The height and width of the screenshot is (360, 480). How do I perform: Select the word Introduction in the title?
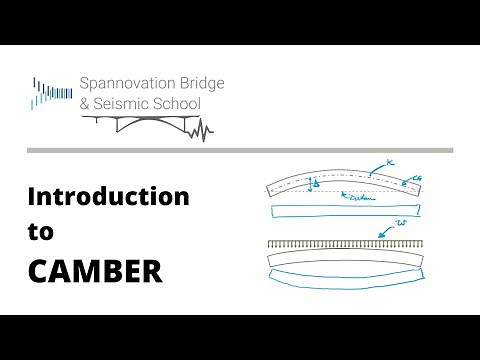point(108,197)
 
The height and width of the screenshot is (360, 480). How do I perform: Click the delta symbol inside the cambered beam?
point(316,184)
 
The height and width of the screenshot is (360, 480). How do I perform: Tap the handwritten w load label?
point(401,223)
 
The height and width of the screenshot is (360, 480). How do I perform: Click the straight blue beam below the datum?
point(346,210)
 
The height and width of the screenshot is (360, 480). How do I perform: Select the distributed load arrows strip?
point(346,243)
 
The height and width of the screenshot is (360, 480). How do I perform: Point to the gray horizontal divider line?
point(240,150)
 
